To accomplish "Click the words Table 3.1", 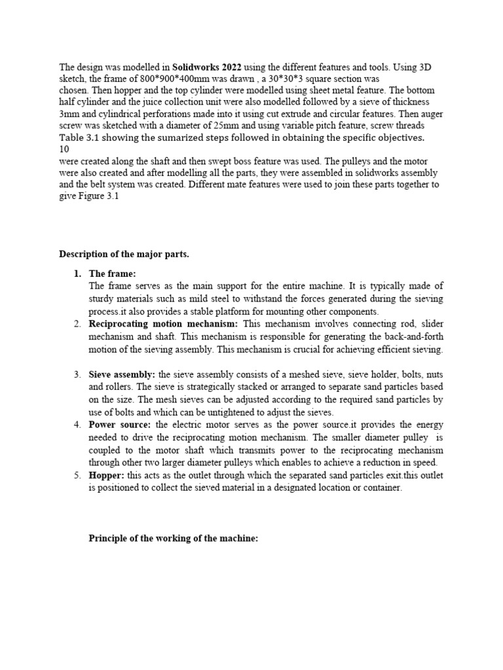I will tap(81, 137).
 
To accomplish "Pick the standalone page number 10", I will tap(64, 149).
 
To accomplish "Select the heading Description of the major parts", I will tap(124, 254).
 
